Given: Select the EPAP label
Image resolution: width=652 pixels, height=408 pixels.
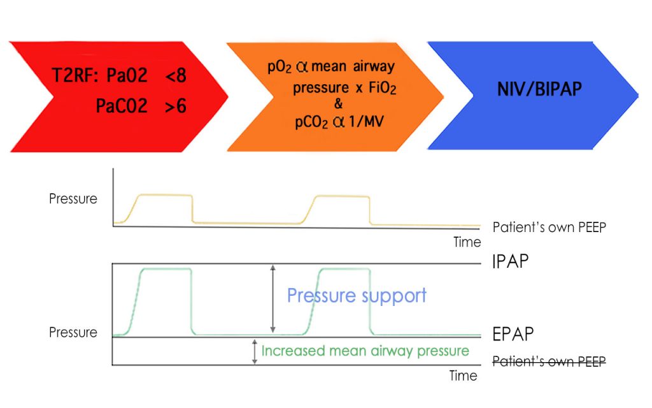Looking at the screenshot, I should tap(513, 333).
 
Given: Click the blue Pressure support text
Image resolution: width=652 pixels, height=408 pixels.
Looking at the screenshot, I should tap(357, 296).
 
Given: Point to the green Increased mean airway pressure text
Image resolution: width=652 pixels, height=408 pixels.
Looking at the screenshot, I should tap(365, 351).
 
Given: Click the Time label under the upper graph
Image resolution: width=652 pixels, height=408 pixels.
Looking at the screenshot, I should tap(467, 242).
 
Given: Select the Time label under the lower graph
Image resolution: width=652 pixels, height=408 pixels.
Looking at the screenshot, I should tap(463, 376).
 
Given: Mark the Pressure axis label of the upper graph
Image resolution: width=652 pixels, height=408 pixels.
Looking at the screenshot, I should tap(73, 198).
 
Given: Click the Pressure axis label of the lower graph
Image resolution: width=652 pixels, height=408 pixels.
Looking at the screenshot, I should tap(73, 332).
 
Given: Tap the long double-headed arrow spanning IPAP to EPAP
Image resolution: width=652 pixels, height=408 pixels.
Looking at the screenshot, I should tap(273, 299).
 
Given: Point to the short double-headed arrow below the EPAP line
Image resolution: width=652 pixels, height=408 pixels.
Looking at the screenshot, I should tap(255, 352).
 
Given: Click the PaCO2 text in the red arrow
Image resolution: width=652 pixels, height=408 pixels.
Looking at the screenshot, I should tap(122, 106).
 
